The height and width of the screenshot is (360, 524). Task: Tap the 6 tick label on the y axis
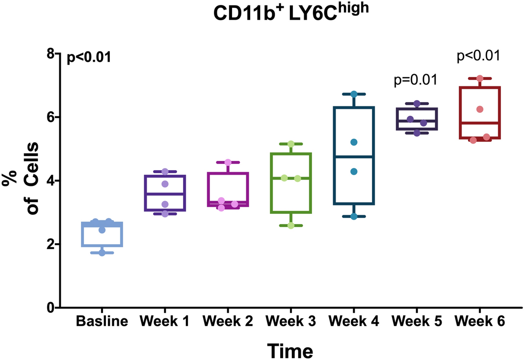tap(50, 117)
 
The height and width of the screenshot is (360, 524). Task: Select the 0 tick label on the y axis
tap(50, 308)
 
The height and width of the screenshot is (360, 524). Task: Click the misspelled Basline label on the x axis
tap(102, 322)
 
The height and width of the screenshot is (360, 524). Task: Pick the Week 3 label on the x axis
tap(290, 322)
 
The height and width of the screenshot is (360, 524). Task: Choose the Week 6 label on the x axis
tap(479, 322)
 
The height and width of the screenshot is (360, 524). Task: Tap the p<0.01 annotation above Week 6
tap(478, 55)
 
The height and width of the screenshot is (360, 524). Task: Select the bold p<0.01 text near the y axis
tap(89, 58)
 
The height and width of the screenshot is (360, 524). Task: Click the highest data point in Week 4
tap(354, 94)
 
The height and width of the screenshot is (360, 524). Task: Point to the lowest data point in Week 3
tap(291, 226)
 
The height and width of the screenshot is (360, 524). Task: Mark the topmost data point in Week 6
tap(479, 78)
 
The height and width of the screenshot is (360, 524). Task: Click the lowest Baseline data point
tap(102, 253)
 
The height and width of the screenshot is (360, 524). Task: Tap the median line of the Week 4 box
tap(354, 156)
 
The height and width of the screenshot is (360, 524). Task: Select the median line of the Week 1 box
tap(165, 194)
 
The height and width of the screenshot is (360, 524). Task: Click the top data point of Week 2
tap(228, 162)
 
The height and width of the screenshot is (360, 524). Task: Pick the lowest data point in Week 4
tap(354, 216)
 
